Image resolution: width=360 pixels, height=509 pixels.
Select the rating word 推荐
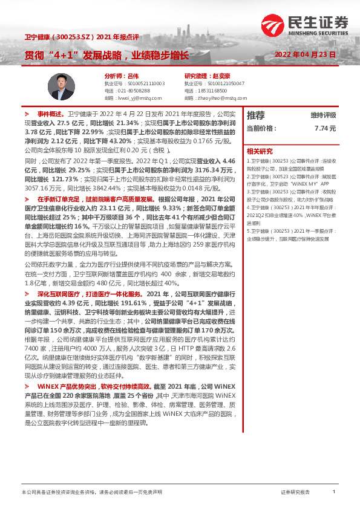[256, 115]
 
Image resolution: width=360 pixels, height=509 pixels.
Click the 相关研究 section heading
[260, 151]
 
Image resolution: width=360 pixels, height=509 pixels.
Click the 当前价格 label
[261, 128]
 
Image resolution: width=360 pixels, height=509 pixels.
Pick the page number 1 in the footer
[333, 492]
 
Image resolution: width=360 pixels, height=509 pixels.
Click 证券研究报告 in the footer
[295, 493]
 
